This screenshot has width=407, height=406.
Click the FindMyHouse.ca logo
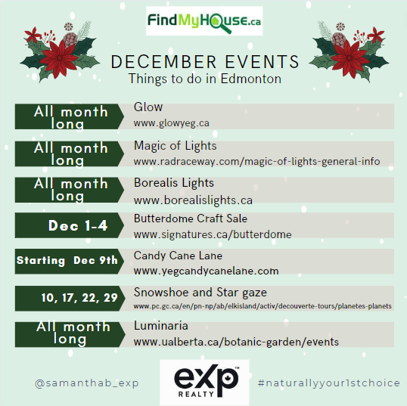coord(204,21)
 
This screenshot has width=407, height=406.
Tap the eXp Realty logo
coord(204,382)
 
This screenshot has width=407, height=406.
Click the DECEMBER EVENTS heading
coord(205,62)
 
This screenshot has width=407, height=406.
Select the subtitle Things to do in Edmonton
coord(205,79)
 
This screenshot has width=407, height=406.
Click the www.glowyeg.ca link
coord(171,123)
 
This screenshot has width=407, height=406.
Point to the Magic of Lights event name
coord(176,146)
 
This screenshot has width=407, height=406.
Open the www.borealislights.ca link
coord(193,200)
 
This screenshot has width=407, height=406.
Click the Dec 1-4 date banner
coord(70,225)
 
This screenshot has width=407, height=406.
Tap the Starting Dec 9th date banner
coord(70,262)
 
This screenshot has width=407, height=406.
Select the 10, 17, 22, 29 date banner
coord(70,299)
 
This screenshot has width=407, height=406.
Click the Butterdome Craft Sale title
coord(191,218)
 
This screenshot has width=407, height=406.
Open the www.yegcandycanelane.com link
coord(206,271)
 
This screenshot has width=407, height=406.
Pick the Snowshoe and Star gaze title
coord(200,293)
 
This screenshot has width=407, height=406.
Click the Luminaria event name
coord(161,326)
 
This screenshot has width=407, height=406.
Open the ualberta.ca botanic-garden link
coord(236,342)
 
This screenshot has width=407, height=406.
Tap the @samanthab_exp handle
coord(87,383)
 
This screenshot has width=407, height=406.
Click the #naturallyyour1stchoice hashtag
coord(329,383)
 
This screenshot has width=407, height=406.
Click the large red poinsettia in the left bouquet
coord(60,58)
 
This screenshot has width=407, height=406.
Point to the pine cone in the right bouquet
coord(339,39)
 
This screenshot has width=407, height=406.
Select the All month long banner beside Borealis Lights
coord(70,190)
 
